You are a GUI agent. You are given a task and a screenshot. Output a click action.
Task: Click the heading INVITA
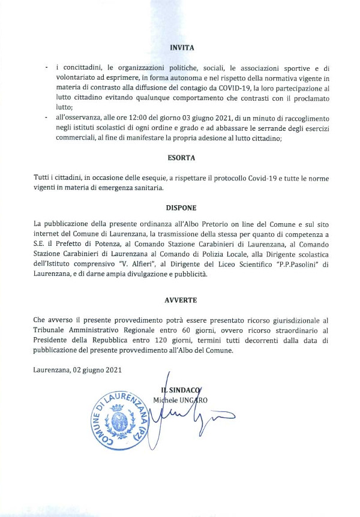[182, 46]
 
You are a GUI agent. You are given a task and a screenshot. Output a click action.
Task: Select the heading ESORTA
[181, 158]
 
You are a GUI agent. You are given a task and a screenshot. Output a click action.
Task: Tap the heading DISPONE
[181, 208]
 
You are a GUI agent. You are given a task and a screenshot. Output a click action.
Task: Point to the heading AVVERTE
[181, 299]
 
